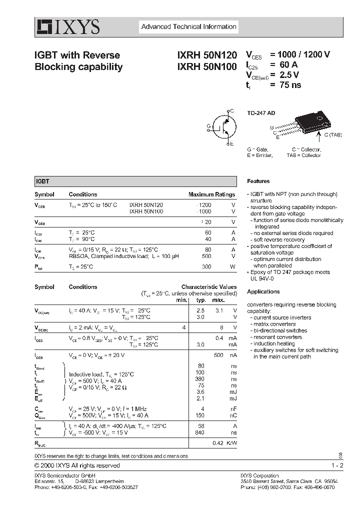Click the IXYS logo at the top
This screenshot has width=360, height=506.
coord(67,27)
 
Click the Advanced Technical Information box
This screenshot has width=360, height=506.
coord(188,27)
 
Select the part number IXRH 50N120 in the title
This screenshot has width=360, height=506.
coord(207,55)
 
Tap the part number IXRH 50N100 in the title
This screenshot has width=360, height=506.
coord(207,66)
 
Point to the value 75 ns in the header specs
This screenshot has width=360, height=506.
coord(286,85)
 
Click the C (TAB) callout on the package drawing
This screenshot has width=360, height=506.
coord(332,135)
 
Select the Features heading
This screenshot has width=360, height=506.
coord(258,181)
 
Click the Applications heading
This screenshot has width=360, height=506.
coord(263,291)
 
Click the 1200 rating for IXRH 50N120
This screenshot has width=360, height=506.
coord(205,205)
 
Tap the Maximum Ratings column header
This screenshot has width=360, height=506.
coord(211,194)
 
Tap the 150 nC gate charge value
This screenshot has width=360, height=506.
coord(205,415)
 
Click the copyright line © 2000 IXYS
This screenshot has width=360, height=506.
coord(77,465)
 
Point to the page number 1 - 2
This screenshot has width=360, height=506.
coord(337,465)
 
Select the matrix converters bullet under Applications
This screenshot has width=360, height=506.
coord(274,324)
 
